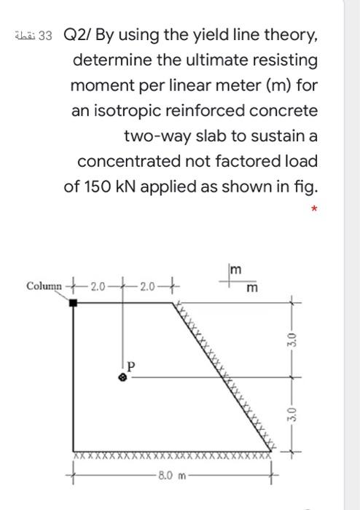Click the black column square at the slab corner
(74, 302)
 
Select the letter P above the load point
(131, 364)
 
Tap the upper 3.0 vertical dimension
(292, 340)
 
